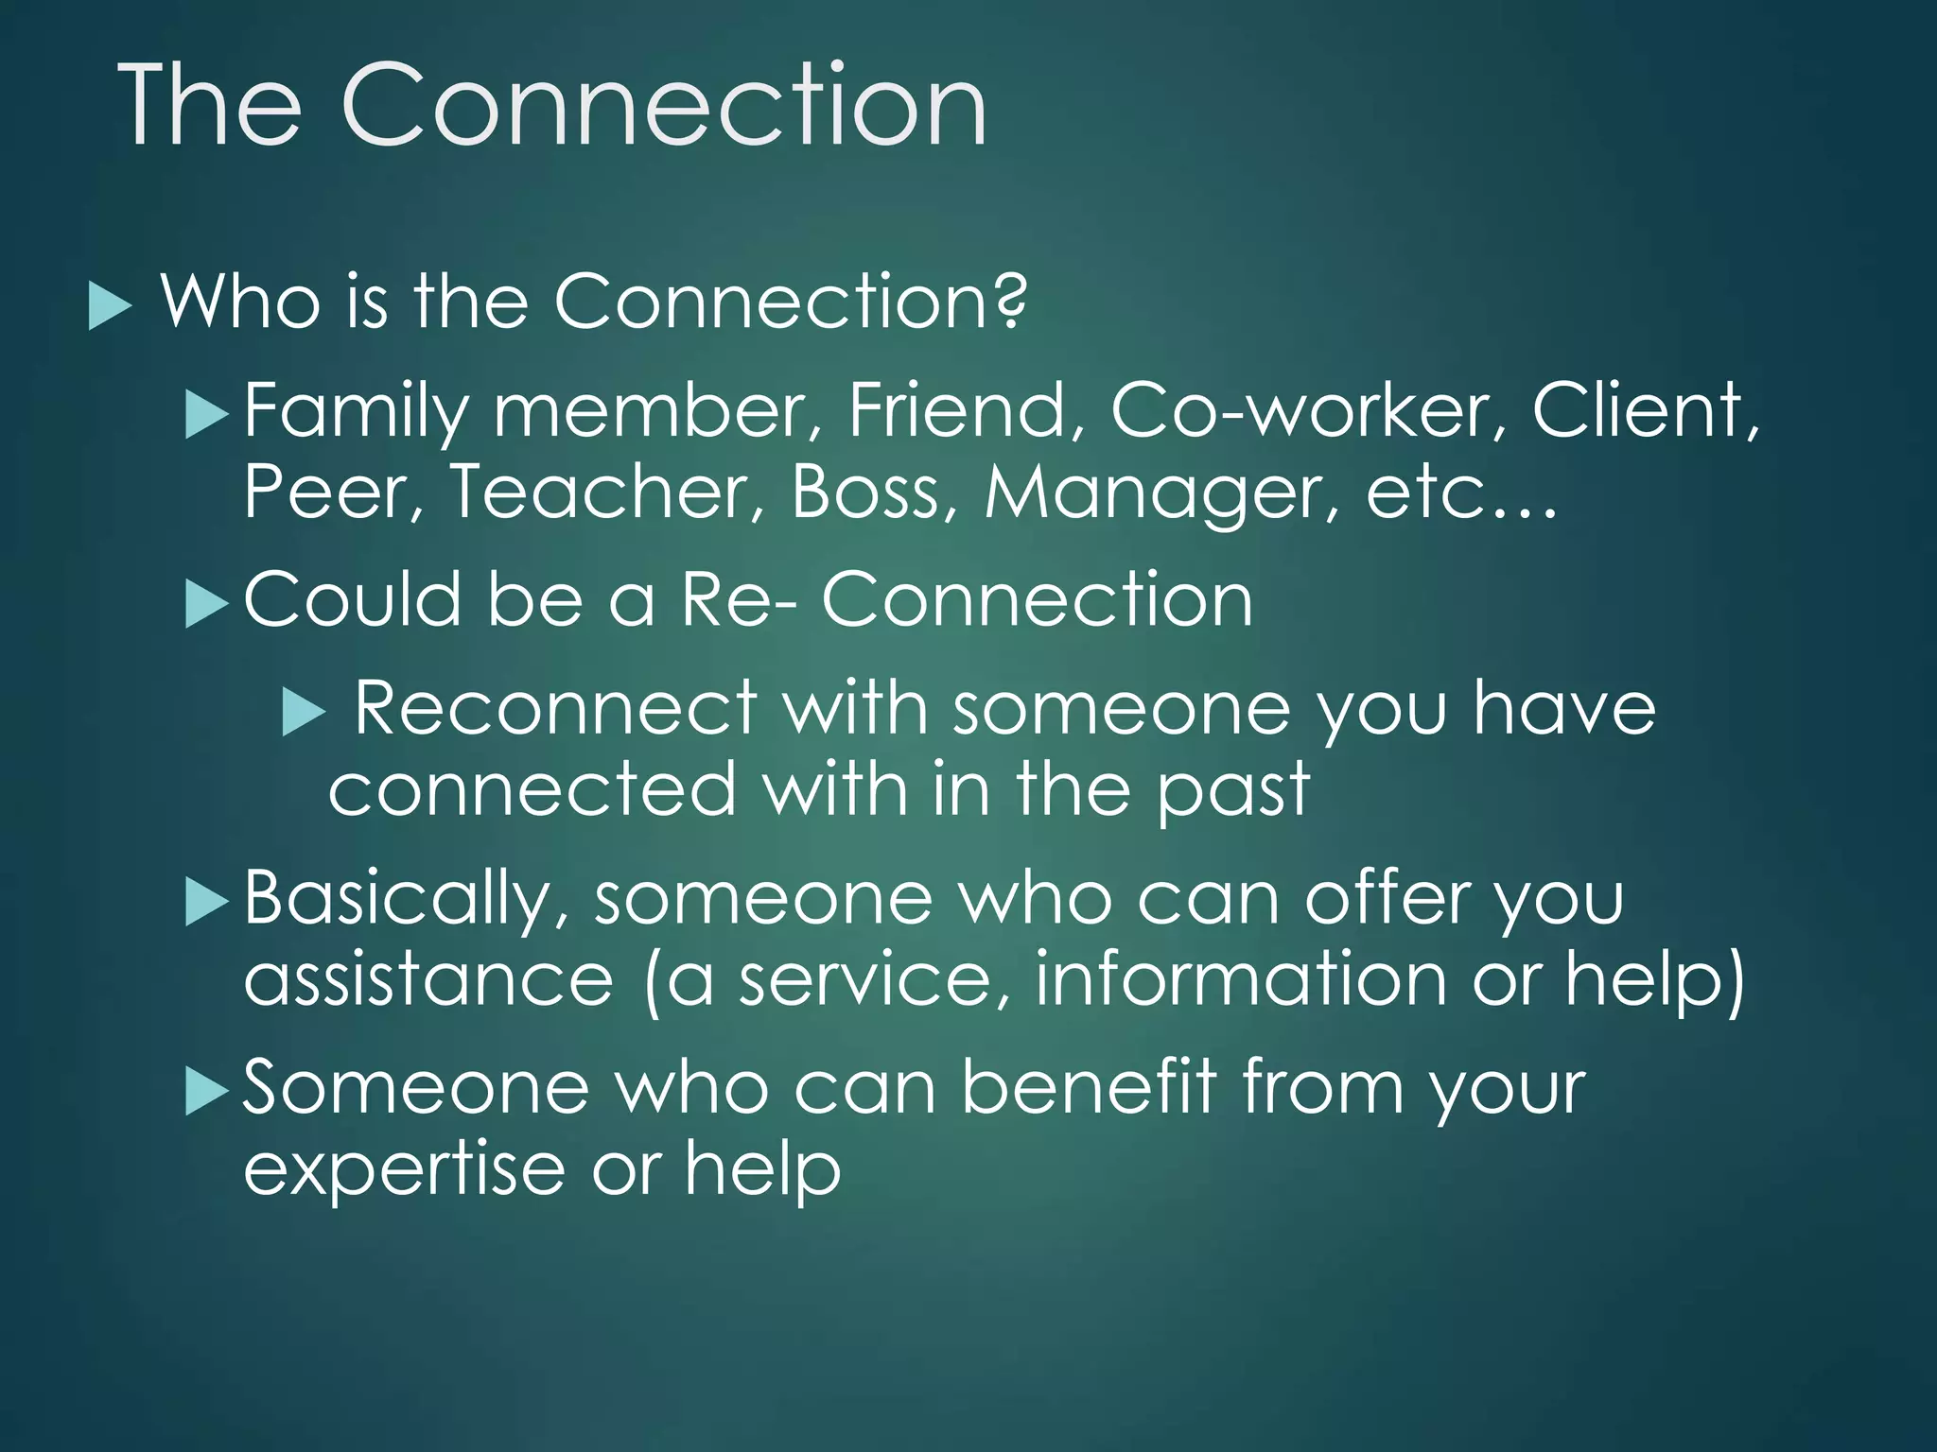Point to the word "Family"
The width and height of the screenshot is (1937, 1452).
point(356,412)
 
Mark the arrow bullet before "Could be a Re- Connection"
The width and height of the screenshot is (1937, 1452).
point(207,604)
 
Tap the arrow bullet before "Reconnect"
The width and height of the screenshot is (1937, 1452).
point(304,712)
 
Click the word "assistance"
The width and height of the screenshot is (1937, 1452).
point(428,979)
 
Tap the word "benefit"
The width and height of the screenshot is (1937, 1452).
point(1088,1087)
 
